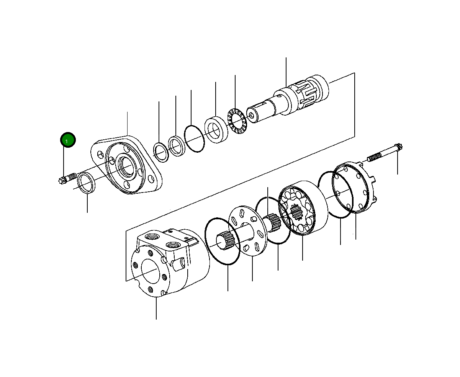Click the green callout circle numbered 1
(x=68, y=140)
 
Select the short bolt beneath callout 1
(x=67, y=178)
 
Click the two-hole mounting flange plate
(x=126, y=165)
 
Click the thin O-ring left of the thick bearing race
(x=194, y=139)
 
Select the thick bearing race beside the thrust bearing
(x=216, y=130)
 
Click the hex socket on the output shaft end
(x=252, y=116)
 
